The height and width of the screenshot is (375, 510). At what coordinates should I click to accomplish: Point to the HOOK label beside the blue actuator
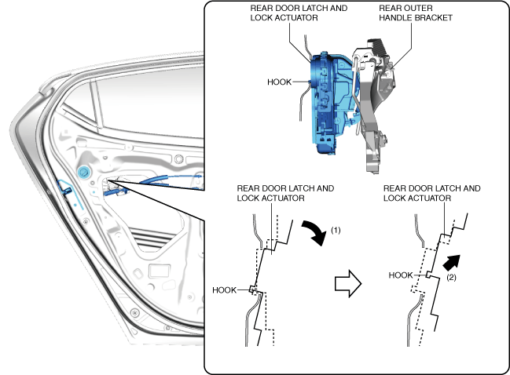coord(280,80)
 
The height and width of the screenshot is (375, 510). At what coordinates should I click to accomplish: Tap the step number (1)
coord(336,231)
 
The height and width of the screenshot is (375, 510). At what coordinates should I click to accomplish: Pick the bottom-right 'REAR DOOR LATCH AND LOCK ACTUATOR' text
coord(431,193)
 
